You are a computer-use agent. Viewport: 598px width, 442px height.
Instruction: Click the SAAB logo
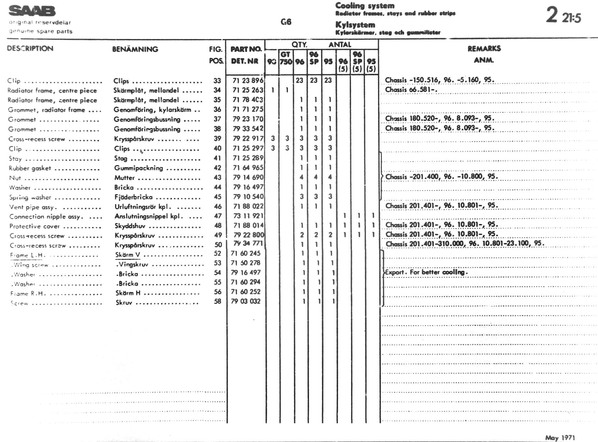point(32,11)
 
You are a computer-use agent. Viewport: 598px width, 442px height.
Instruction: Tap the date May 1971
point(560,437)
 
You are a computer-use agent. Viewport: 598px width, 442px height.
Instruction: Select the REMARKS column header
point(484,49)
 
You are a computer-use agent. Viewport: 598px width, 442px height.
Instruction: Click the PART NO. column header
point(246,49)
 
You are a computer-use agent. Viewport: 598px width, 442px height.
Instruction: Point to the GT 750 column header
point(286,58)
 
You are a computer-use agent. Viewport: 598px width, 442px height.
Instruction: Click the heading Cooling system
point(365,6)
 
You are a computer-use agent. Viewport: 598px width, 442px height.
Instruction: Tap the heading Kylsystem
point(355,25)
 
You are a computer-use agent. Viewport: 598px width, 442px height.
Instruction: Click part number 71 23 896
point(248,80)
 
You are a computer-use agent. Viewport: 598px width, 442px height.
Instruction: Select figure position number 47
point(217,216)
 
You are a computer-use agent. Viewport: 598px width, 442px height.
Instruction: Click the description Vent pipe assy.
point(33,207)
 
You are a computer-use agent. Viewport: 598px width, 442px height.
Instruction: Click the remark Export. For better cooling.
point(426,272)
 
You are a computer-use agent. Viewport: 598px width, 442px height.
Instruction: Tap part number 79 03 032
point(245,301)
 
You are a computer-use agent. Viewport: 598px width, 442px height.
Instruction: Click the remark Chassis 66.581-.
point(411,90)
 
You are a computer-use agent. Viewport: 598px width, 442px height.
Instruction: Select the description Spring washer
point(30,197)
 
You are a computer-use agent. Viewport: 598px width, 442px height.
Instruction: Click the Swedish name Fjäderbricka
point(133,197)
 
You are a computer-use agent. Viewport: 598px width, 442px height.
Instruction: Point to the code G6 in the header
point(286,22)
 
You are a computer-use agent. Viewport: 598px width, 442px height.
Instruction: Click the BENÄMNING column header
point(135,49)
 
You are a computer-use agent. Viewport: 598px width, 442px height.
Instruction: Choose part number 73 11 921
point(248,216)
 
